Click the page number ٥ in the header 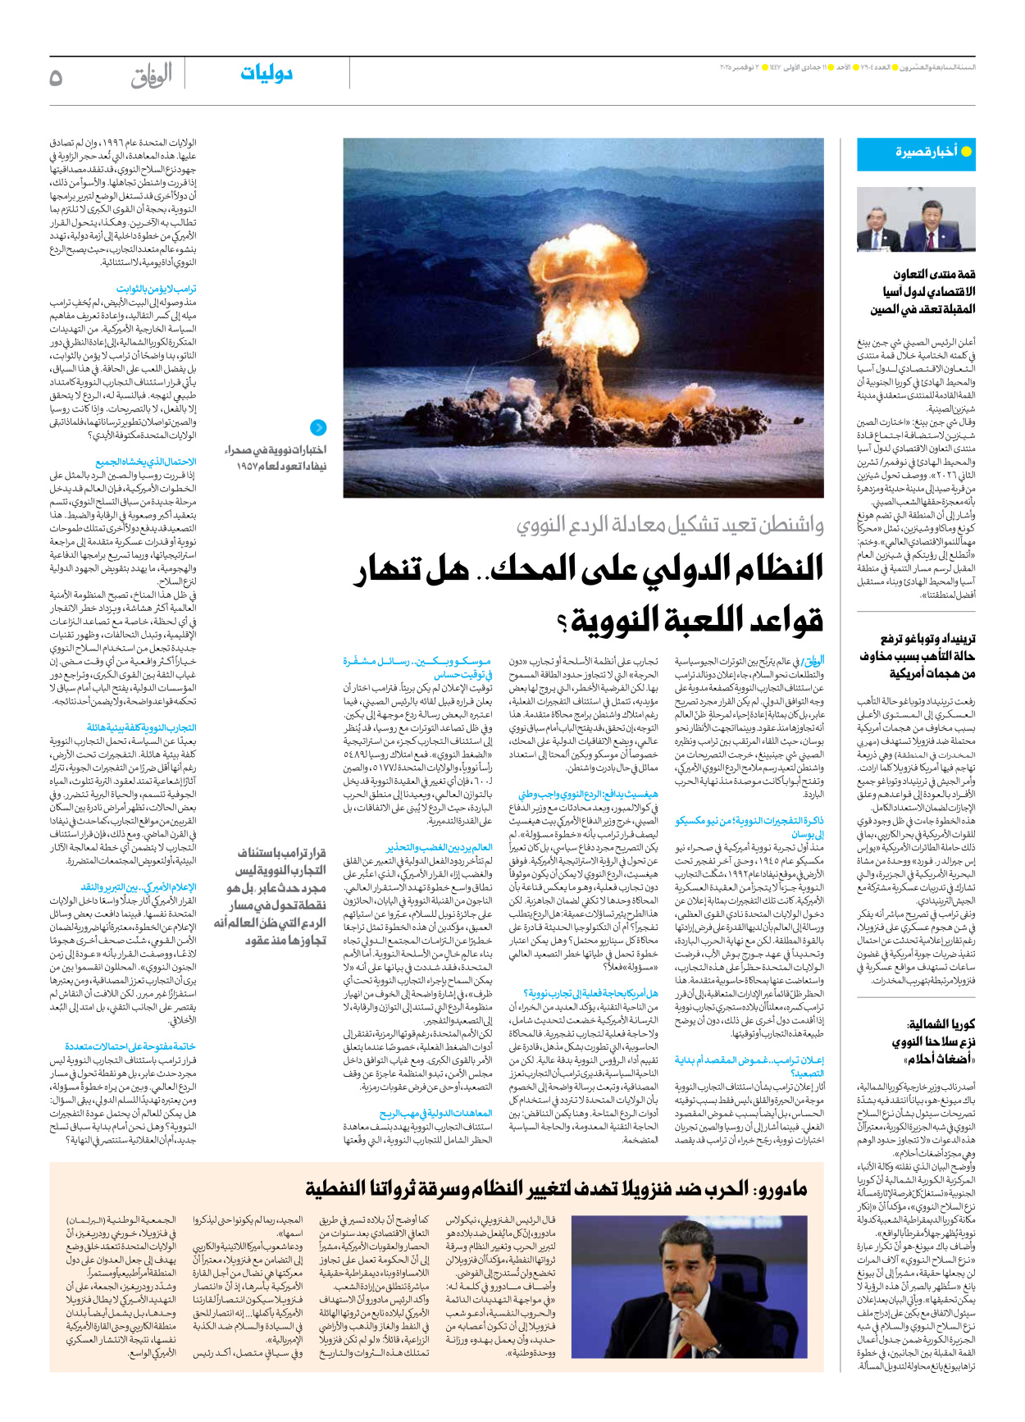tap(56, 77)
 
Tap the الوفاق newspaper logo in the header tap(152, 76)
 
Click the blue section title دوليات tap(266, 74)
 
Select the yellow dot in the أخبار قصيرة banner tap(966, 152)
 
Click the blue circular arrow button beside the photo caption tap(318, 427)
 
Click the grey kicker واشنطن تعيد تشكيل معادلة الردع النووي tap(670, 525)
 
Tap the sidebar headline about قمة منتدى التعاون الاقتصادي tap(923, 291)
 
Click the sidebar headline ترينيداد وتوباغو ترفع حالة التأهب tap(918, 655)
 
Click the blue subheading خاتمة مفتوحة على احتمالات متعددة tap(130, 1046)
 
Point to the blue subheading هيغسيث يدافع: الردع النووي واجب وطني tap(587, 795)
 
